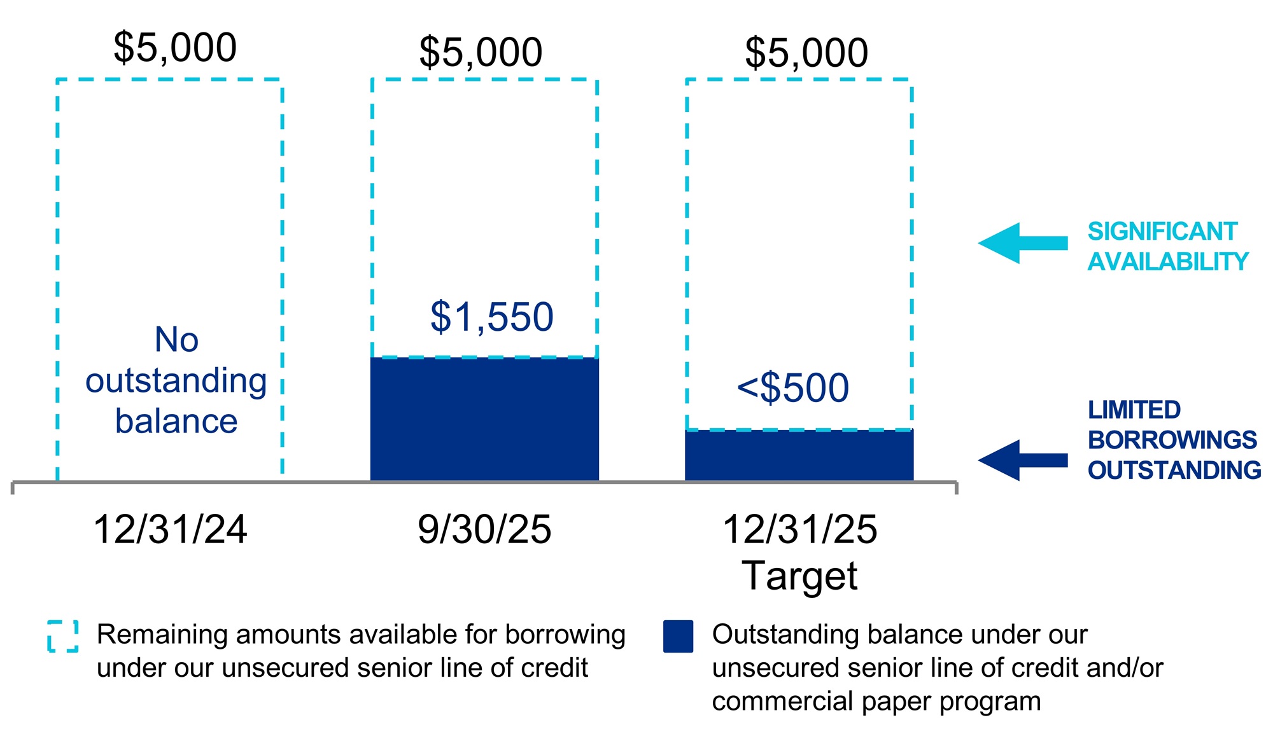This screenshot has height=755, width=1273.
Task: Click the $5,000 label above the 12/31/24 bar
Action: pos(175,48)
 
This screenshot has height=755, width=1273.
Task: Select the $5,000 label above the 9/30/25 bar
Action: pos(481,52)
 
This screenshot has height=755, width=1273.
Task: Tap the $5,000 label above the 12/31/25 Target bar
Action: pos(806,53)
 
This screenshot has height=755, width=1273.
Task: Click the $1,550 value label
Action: pos(492,317)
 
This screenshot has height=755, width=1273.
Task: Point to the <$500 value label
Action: pos(793,387)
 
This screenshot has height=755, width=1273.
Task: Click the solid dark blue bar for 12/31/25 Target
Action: pos(799,455)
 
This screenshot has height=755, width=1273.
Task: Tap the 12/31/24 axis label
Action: pos(170,529)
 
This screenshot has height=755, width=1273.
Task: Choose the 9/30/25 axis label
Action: pos(484,529)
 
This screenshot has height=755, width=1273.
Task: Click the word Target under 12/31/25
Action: pos(799,576)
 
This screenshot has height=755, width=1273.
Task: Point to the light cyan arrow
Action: pos(1022,243)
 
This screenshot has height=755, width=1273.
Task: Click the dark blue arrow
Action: pos(1022,460)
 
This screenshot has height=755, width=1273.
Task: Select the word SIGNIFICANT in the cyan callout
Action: pos(1162,232)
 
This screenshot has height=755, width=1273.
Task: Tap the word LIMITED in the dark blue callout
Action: pos(1134,410)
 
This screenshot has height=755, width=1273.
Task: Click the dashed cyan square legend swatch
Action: pos(63,636)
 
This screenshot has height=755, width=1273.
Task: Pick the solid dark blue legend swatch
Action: pos(678,636)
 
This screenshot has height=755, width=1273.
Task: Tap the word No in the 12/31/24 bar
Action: pos(176,340)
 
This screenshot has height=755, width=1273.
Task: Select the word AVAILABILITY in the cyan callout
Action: pos(1168,262)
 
